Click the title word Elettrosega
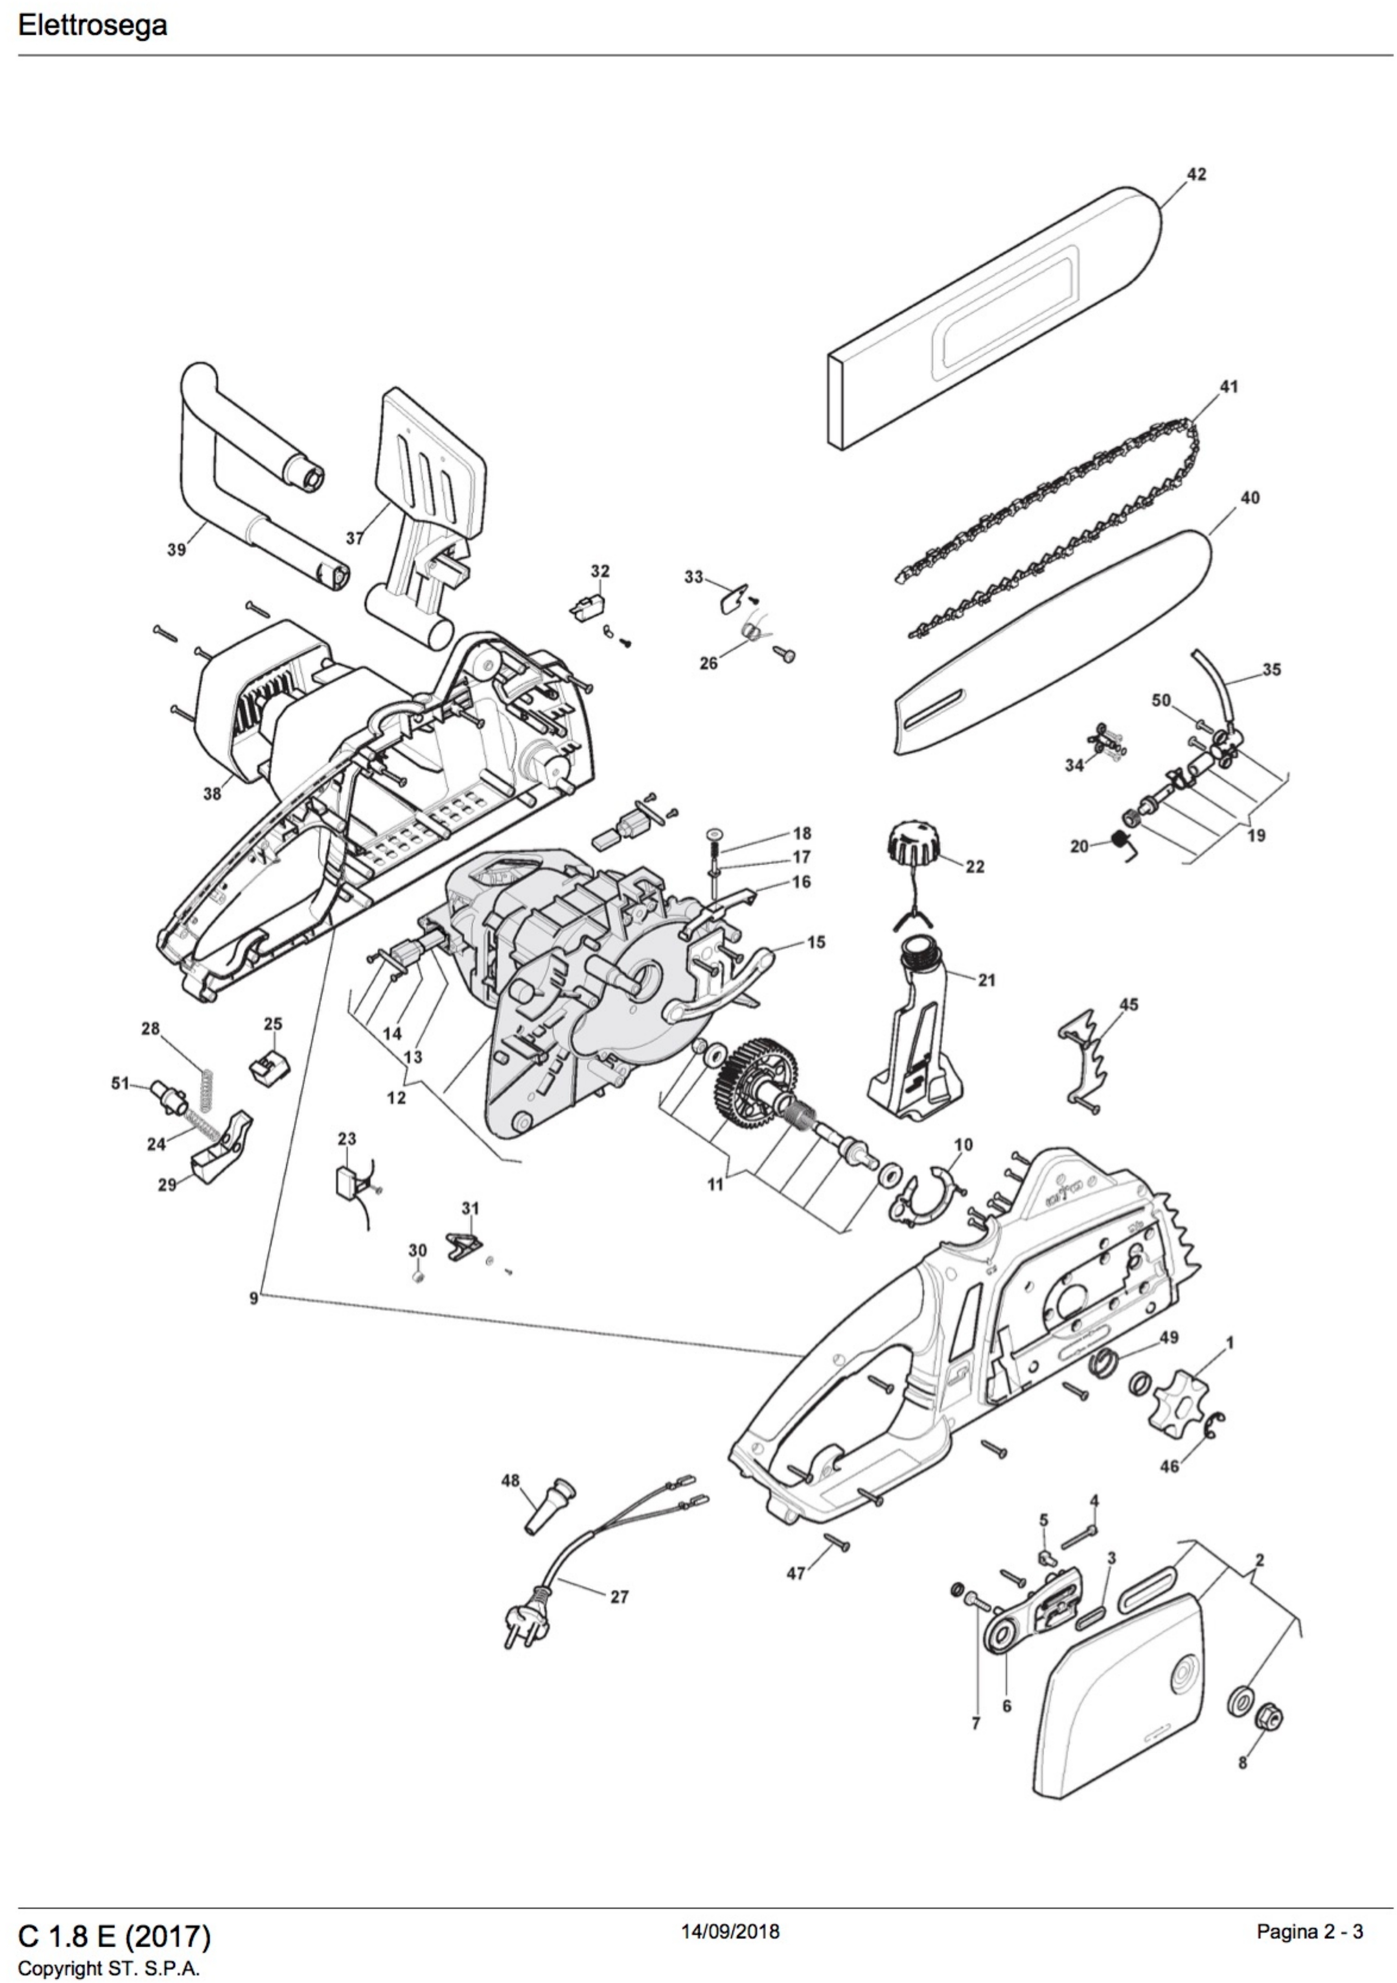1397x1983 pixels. coord(93,25)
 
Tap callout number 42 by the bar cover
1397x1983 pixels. coord(1196,174)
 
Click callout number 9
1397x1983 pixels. coord(253,1298)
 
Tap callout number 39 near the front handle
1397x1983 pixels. coord(176,549)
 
